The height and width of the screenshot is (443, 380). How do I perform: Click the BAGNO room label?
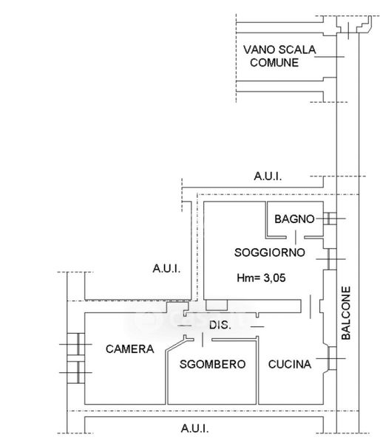[294, 219]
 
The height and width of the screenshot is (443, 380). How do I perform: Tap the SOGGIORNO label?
[270, 253]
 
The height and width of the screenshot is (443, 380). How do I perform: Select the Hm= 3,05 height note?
[261, 278]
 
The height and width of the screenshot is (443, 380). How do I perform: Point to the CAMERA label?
[130, 349]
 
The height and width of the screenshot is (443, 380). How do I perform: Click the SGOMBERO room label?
[212, 364]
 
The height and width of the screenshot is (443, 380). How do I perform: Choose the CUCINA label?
[290, 364]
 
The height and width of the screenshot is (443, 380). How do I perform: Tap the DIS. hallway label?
[220, 325]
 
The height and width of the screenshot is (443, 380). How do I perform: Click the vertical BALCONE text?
[346, 313]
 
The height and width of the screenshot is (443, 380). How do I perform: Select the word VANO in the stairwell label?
[259, 49]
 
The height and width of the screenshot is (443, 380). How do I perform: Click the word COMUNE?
[274, 63]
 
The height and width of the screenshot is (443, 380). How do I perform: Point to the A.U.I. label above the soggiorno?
[268, 176]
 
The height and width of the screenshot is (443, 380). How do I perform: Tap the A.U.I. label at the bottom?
[194, 428]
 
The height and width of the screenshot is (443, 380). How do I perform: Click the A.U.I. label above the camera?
[166, 269]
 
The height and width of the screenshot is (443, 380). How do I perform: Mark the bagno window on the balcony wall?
[330, 219]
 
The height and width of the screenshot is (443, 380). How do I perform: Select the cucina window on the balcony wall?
[332, 358]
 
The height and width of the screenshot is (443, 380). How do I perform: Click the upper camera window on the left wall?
[76, 344]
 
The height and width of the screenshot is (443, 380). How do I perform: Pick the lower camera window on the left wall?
[76, 372]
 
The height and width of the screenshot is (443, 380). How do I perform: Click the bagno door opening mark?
[296, 237]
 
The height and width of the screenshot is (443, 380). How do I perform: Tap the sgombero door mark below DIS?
[203, 340]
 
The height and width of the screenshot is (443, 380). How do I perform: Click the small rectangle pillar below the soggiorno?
[217, 305]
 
